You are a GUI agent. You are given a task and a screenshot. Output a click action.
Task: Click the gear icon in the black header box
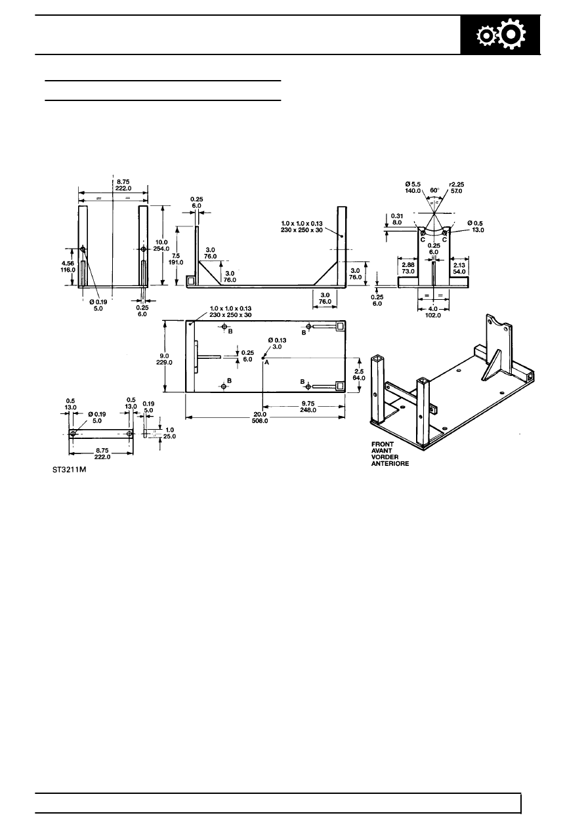click(x=501, y=35)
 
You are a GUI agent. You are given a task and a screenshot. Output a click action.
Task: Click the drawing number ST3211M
click(x=69, y=470)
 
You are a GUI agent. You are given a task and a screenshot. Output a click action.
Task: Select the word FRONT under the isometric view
click(x=383, y=444)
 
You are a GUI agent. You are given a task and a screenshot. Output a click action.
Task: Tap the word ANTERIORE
click(x=390, y=463)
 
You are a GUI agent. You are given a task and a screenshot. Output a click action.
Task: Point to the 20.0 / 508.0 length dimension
click(x=260, y=418)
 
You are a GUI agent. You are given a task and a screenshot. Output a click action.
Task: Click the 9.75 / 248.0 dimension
click(x=308, y=407)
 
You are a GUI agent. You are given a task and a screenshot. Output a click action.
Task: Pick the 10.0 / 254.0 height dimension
click(x=161, y=245)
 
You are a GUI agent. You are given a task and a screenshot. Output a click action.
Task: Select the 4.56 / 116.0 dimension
click(x=68, y=266)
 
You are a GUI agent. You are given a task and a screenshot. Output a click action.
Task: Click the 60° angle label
click(x=434, y=190)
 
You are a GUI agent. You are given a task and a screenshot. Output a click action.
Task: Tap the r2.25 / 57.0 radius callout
click(x=457, y=188)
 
